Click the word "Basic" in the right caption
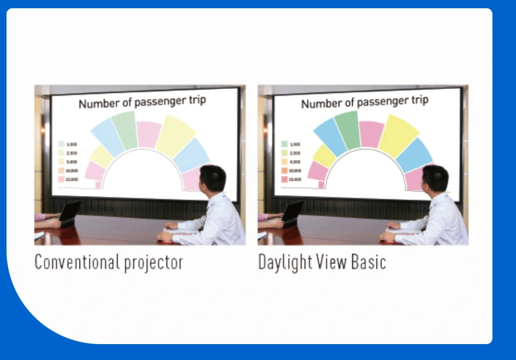pos(369,262)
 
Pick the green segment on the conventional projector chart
pos(124,129)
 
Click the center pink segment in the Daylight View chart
pos(372,134)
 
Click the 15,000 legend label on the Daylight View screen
pos(295,179)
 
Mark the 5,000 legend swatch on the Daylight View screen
pos(284,161)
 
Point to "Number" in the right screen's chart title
pos(320,104)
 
